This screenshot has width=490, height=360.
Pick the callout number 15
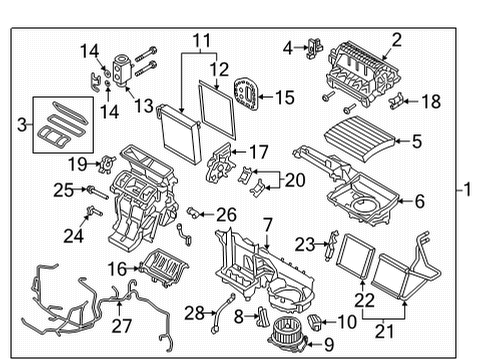click(x=284, y=97)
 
